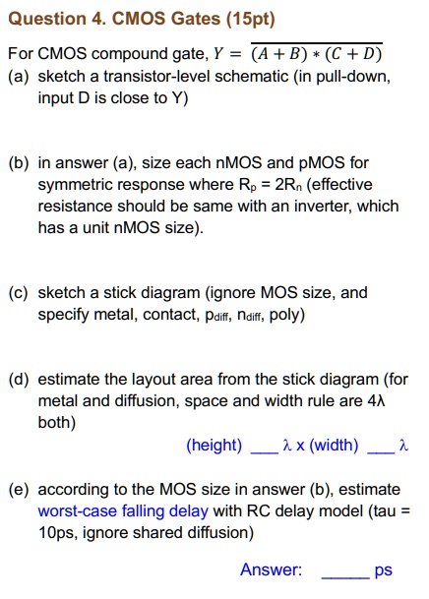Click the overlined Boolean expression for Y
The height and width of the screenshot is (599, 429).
(x=318, y=53)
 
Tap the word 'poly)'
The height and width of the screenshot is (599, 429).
(x=286, y=315)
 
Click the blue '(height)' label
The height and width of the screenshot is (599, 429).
(x=214, y=446)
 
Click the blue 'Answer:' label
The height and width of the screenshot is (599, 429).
(x=271, y=570)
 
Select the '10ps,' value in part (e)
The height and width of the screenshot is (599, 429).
(x=58, y=533)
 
